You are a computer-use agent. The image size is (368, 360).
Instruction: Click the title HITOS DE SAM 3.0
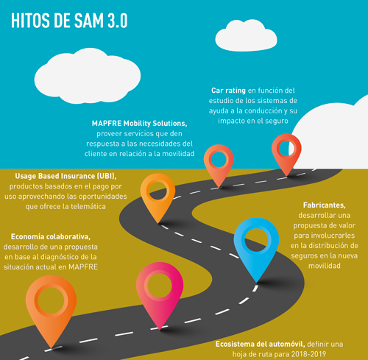tap(69, 21)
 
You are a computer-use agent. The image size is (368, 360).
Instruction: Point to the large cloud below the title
tap(88, 76)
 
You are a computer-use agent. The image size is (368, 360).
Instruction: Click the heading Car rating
tap(228, 91)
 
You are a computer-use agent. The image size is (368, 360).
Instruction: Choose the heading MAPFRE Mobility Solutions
tap(139, 124)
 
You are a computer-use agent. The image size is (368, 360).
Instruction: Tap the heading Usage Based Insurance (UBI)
tap(66, 176)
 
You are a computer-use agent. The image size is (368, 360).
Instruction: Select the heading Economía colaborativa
tap(51, 237)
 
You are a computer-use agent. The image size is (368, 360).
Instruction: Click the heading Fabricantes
tap(325, 205)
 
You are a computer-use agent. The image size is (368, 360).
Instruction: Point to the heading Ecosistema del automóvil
tap(260, 345)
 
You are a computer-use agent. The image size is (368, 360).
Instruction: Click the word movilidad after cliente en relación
tap(178, 154)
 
